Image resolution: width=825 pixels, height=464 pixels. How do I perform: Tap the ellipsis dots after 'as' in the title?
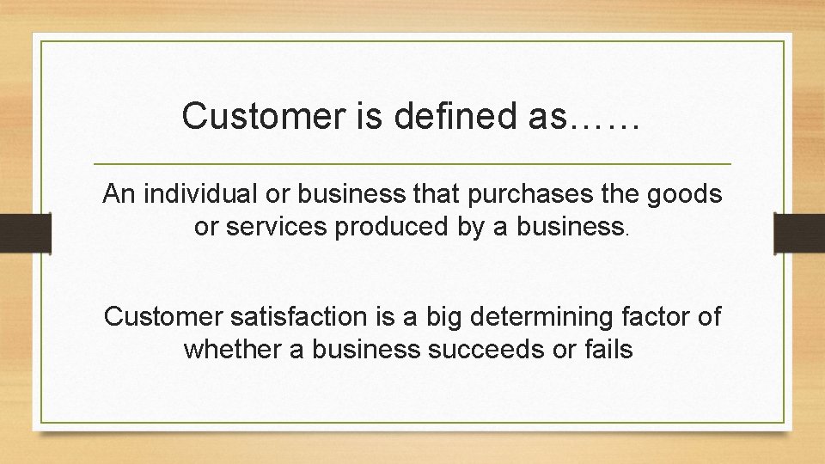tap(605, 120)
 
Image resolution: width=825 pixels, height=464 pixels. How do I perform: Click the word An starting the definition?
tap(118, 194)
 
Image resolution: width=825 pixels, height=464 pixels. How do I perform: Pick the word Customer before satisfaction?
tap(163, 316)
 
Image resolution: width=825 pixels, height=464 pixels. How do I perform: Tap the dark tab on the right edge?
tap(799, 232)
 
